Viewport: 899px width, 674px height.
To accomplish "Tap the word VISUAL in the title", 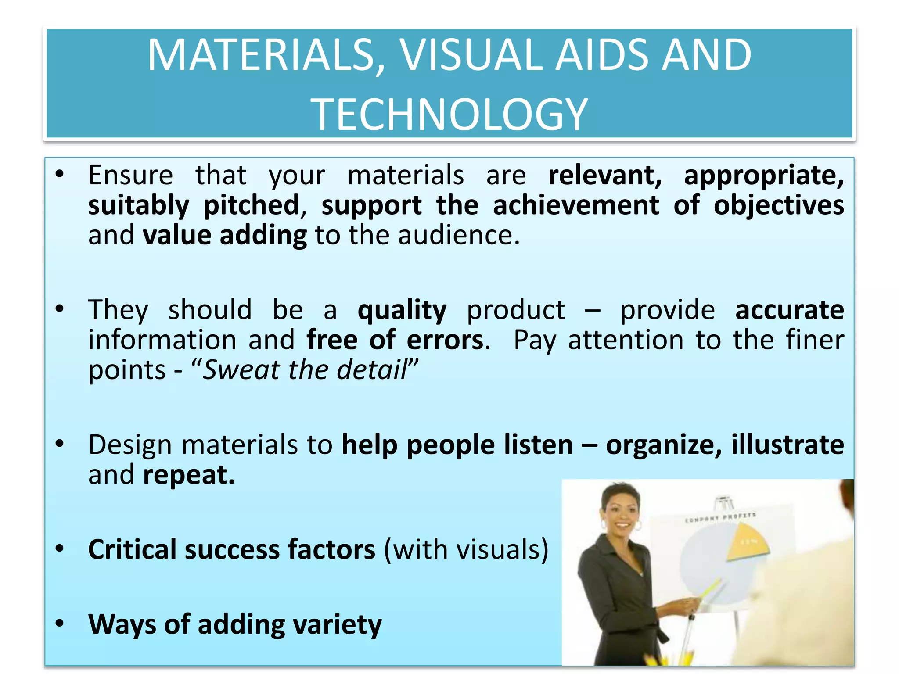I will (x=471, y=55).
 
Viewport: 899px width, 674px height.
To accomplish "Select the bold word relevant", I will (x=605, y=175).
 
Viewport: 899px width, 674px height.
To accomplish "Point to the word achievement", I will (x=575, y=205).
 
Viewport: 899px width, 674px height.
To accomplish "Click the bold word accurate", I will (x=789, y=310).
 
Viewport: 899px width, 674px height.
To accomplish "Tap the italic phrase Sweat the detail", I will (x=305, y=369).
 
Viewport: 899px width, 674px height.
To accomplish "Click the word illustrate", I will (x=788, y=445).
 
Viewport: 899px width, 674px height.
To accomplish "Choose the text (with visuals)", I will (x=466, y=549).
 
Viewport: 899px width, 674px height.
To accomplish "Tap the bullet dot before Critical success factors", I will (x=60, y=549).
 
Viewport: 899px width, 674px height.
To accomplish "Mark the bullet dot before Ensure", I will (x=60, y=174).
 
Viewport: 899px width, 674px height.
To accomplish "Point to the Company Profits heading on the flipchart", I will (x=720, y=517).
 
